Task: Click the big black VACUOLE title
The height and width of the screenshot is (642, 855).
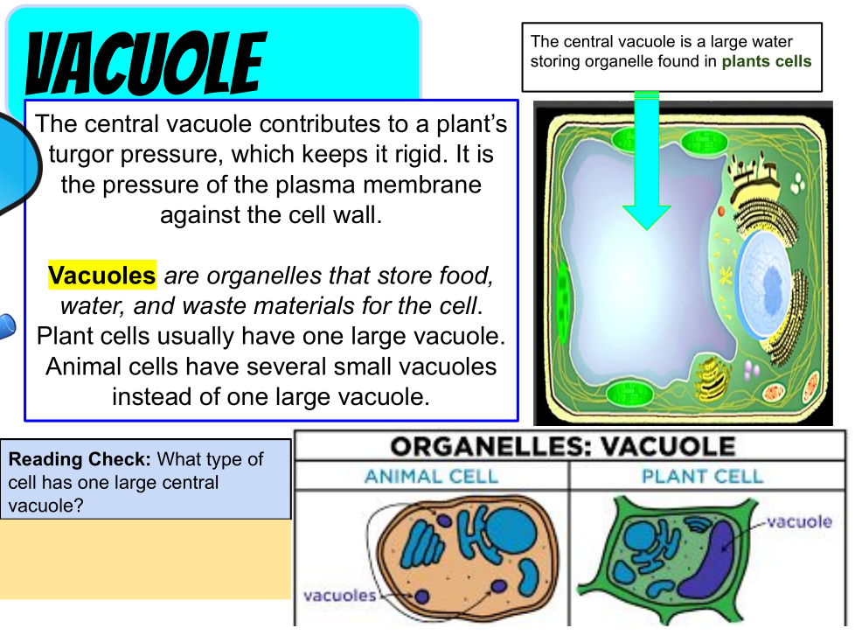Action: [x=146, y=63]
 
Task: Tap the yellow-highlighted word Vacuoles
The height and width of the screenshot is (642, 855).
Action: [x=102, y=275]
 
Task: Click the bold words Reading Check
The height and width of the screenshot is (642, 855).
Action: [x=80, y=459]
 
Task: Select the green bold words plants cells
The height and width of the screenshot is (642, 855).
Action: [x=767, y=61]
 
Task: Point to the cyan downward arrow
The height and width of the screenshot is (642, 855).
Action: [x=647, y=161]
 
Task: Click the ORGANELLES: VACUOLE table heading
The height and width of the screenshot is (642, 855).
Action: [x=563, y=446]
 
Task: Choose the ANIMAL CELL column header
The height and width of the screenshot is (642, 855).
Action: [x=431, y=476]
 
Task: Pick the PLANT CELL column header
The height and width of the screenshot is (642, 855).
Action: [x=702, y=476]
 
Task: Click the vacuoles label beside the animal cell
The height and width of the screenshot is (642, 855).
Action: [x=340, y=595]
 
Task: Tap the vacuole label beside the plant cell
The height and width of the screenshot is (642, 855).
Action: [x=799, y=521]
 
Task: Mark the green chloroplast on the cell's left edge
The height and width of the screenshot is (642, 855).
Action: [x=563, y=295]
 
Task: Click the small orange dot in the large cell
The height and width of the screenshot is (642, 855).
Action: [x=721, y=211]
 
